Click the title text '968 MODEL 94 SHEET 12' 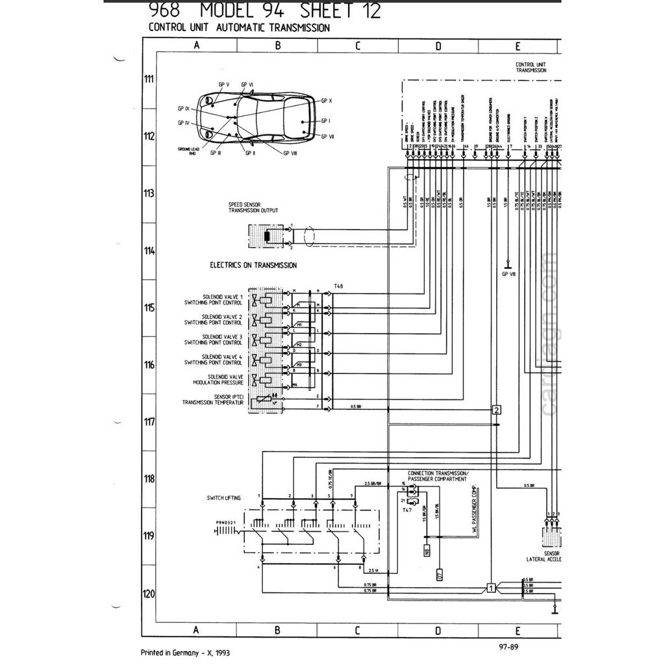pyautogui.click(x=265, y=11)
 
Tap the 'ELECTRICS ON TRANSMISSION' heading pyautogui.click(x=253, y=266)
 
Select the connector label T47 pyautogui.click(x=407, y=511)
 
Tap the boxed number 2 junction pyautogui.click(x=496, y=410)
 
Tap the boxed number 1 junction pyautogui.click(x=492, y=589)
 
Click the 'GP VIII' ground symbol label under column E pyautogui.click(x=508, y=274)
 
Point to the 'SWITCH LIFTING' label pyautogui.click(x=223, y=498)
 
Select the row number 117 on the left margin pyautogui.click(x=149, y=422)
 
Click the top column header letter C pyautogui.click(x=357, y=46)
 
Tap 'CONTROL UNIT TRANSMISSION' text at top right pyautogui.click(x=531, y=68)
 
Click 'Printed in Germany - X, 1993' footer pyautogui.click(x=185, y=653)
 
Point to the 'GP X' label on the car pyautogui.click(x=326, y=101)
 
